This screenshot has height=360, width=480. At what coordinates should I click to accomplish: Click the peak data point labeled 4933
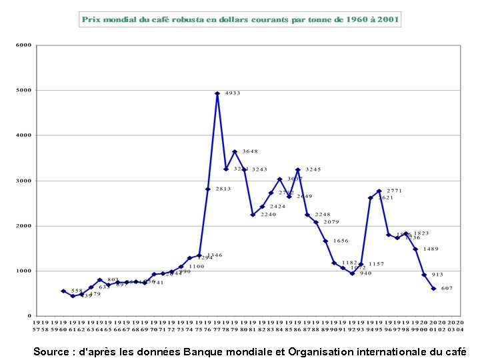[x=217, y=94]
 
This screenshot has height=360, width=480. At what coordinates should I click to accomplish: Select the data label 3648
[x=249, y=151]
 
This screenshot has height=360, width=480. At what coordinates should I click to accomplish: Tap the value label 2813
[x=222, y=189]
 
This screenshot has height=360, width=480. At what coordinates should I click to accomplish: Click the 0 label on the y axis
[x=29, y=315]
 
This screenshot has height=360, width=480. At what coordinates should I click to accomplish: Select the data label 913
[x=437, y=275]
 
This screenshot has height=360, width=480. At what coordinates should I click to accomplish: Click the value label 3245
[x=313, y=169]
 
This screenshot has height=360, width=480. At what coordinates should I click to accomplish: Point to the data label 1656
[x=341, y=241]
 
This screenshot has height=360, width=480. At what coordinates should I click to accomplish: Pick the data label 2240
[x=267, y=215]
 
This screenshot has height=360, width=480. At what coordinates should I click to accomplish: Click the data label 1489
[x=431, y=249]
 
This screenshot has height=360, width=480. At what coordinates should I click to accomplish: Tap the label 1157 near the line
[x=376, y=264]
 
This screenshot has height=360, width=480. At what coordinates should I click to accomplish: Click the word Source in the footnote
[x=52, y=351]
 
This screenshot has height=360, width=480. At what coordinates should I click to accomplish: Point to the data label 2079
[x=331, y=222]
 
